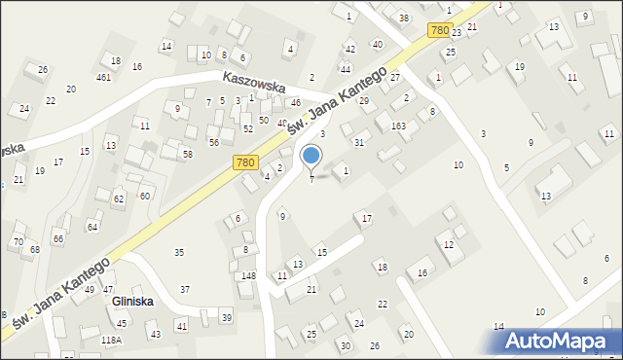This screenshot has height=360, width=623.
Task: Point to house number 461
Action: [103, 77]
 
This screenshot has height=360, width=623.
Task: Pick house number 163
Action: [398, 126]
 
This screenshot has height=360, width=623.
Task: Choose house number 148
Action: [249, 275]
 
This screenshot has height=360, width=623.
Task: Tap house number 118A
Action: [112, 341]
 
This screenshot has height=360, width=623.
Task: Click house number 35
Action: [179, 253]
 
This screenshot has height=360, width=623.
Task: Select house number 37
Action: [185, 290]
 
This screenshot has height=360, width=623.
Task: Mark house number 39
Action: [226, 318]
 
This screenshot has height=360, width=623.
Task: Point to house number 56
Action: [213, 142]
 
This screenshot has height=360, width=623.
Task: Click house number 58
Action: [188, 155]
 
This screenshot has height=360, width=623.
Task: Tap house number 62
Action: [119, 198]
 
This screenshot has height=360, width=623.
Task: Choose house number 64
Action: [92, 227]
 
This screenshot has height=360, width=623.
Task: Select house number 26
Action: [42, 69]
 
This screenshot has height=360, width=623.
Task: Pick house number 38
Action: [404, 18]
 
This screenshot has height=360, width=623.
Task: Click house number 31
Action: [359, 143]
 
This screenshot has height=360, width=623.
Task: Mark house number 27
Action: [395, 76]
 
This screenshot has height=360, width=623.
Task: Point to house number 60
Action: [145, 196]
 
